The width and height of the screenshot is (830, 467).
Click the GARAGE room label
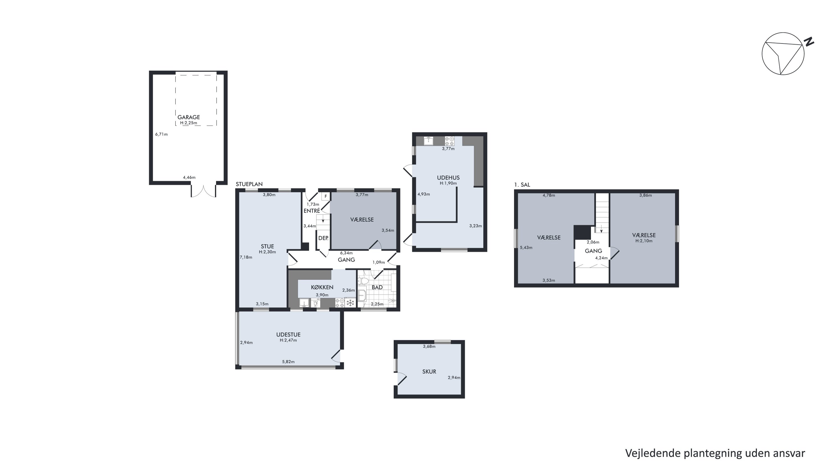(x=188, y=117)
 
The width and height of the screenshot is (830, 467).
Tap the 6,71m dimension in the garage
(x=161, y=134)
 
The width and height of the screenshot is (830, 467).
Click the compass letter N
(x=809, y=42)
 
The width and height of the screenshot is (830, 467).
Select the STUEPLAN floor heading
(x=249, y=184)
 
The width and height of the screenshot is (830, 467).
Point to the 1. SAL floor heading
(x=522, y=185)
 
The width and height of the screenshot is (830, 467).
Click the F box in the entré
(x=326, y=196)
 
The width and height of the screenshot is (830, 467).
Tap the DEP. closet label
(x=323, y=238)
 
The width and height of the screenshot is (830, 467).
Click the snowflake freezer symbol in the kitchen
(x=350, y=303)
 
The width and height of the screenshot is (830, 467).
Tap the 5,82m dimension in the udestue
(x=288, y=362)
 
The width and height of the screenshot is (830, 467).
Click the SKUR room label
(x=429, y=371)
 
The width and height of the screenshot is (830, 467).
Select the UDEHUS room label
(x=448, y=178)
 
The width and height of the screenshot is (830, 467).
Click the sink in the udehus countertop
(x=428, y=141)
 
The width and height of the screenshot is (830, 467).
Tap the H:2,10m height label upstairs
(x=644, y=241)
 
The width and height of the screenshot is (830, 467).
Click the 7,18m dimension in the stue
(x=246, y=257)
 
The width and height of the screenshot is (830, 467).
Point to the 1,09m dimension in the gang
(x=378, y=262)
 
